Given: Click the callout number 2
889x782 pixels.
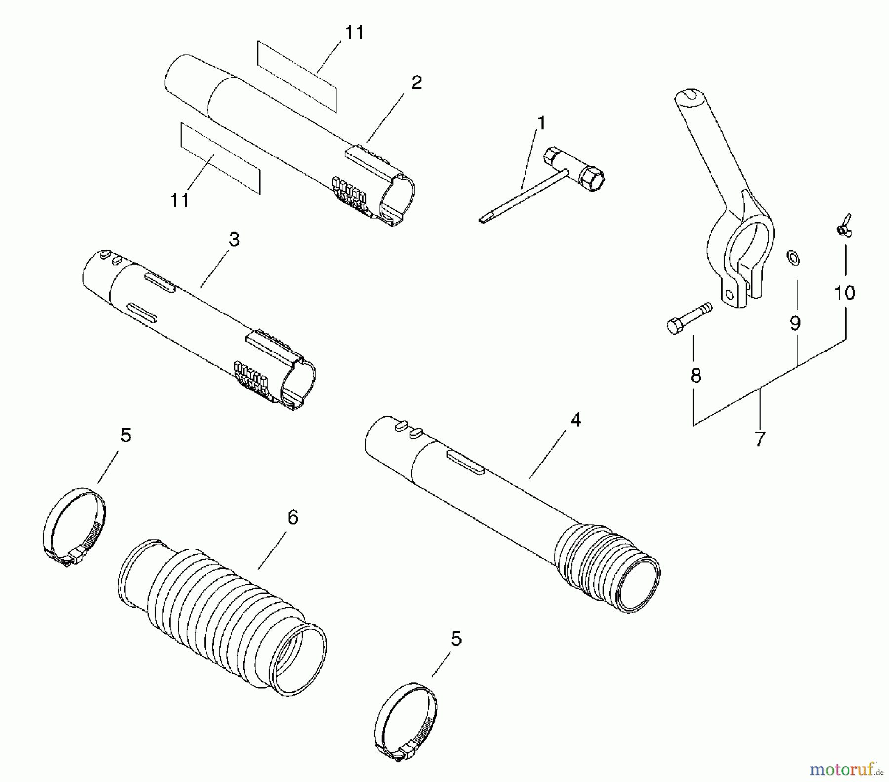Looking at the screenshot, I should click(x=416, y=83).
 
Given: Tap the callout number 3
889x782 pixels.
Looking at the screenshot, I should click(x=234, y=240).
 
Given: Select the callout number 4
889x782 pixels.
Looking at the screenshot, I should click(x=575, y=420).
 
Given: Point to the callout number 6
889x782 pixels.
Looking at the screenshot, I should click(x=293, y=518).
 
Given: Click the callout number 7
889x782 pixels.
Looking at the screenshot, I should click(x=760, y=438).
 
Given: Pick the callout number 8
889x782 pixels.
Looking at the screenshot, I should click(x=695, y=376).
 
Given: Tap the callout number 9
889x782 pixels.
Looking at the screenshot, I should click(x=795, y=323).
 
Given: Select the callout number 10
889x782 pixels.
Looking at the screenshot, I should click(x=845, y=293).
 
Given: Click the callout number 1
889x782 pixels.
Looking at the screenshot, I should click(x=542, y=123).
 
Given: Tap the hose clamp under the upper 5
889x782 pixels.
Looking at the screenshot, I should click(x=74, y=525).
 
